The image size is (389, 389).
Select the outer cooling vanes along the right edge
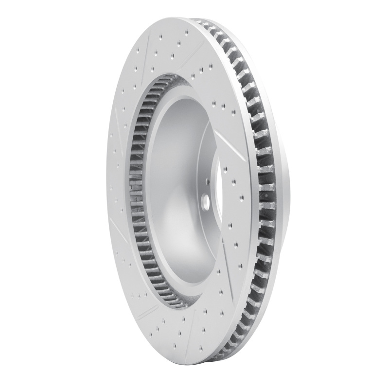263,194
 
